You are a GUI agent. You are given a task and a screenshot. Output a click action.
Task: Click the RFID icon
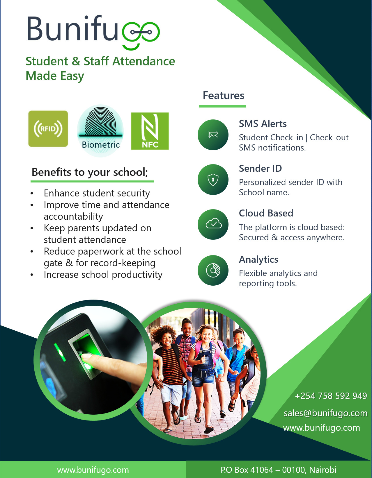tap(48, 129)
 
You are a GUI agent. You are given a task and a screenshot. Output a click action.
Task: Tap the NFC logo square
tap(150, 131)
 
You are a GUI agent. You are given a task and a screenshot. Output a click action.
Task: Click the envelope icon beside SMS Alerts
tap(213, 135)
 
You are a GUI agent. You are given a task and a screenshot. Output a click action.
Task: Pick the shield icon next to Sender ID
tap(213, 180)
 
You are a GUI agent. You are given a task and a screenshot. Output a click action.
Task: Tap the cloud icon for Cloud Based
tap(213, 224)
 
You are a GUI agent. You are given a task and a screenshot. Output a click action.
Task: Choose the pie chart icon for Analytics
tap(213, 270)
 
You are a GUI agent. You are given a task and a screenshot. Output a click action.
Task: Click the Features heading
tap(223, 96)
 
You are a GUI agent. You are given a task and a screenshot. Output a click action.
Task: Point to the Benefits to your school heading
tap(90, 172)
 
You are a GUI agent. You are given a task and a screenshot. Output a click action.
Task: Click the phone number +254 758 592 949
tap(331, 396)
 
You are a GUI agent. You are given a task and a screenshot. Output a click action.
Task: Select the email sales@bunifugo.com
tap(325, 413)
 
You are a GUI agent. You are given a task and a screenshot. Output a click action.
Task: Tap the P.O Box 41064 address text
tap(279, 470)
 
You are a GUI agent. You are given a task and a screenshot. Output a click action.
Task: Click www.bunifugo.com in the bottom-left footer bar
tap(93, 470)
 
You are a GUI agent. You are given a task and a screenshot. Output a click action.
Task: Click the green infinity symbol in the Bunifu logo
tap(141, 33)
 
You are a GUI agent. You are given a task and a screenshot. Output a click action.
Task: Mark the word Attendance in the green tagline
tap(144, 61)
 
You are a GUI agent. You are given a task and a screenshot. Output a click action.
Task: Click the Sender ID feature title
tap(260, 169)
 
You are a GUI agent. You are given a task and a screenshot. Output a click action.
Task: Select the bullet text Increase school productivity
tap(103, 275)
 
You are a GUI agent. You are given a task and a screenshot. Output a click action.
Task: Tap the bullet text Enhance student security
tap(97, 193)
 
